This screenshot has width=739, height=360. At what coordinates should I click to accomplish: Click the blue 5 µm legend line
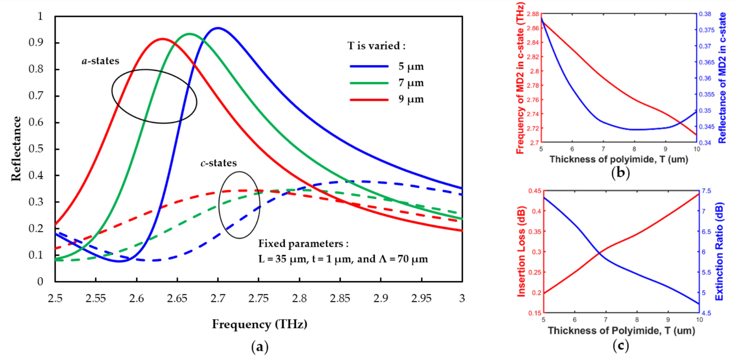click(x=369, y=66)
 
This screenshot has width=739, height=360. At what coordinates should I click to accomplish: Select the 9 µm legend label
click(x=411, y=99)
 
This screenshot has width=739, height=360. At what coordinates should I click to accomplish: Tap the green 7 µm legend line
click(x=369, y=83)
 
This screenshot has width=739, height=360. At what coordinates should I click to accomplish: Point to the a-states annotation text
click(x=100, y=61)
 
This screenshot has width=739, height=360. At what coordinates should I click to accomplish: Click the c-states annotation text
click(x=219, y=163)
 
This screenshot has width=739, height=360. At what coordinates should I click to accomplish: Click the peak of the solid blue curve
click(x=218, y=28)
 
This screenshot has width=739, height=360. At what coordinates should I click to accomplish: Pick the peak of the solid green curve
click(x=190, y=34)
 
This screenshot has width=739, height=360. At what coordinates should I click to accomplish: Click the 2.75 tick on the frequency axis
click(x=259, y=298)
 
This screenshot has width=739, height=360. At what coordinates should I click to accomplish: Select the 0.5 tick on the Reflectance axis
click(x=36, y=149)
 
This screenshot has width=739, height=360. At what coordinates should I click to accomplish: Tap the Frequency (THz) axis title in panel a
click(x=260, y=324)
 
